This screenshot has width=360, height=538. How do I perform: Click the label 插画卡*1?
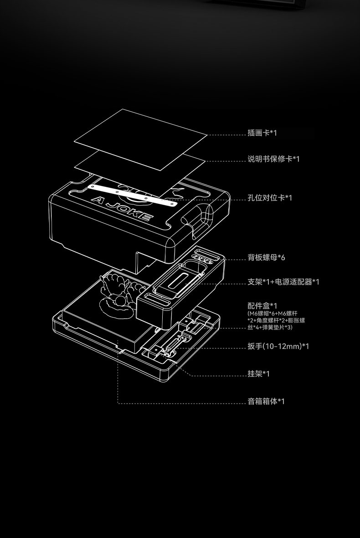tap(262, 133)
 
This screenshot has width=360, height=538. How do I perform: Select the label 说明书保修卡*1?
tap(273, 159)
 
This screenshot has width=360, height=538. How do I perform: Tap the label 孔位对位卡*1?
tap(270, 198)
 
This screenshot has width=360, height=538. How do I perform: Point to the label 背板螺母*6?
tap(266, 258)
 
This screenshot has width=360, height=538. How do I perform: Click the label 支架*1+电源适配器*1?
tap(283, 282)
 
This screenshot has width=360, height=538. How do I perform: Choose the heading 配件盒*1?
tap(262, 305)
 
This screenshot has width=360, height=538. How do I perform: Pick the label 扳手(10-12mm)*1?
tap(278, 347)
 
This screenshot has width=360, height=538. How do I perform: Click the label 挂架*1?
tap(258, 374)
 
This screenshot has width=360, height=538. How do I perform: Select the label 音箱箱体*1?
tap(266, 402)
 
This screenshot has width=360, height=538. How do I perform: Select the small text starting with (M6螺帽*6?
tap(276, 321)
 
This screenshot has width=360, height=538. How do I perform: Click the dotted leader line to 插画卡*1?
tap(226, 135)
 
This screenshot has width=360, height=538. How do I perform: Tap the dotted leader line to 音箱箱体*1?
tap(182, 403)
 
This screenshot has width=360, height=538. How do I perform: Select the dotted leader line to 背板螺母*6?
tap(235, 260)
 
